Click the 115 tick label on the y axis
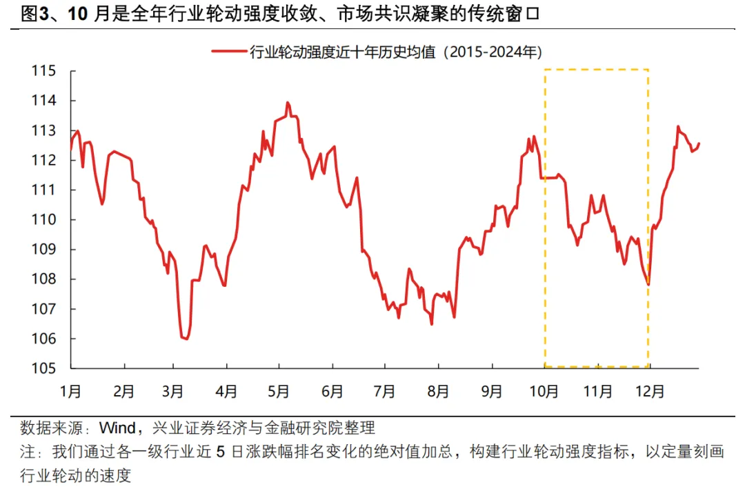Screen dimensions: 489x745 (x=45, y=70)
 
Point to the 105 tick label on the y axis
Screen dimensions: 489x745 (x=45, y=368)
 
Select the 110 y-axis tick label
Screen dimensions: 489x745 (x=45, y=219)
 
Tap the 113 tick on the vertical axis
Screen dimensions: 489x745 (x=45, y=130)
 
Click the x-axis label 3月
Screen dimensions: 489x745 (x=172, y=391)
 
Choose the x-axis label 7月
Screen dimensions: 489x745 (x=384, y=391)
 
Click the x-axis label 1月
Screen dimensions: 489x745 (x=70, y=391)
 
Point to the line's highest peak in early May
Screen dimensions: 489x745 (x=287, y=103)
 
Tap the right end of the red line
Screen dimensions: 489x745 (x=699, y=143)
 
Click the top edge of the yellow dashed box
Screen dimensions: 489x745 (x=597, y=70)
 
